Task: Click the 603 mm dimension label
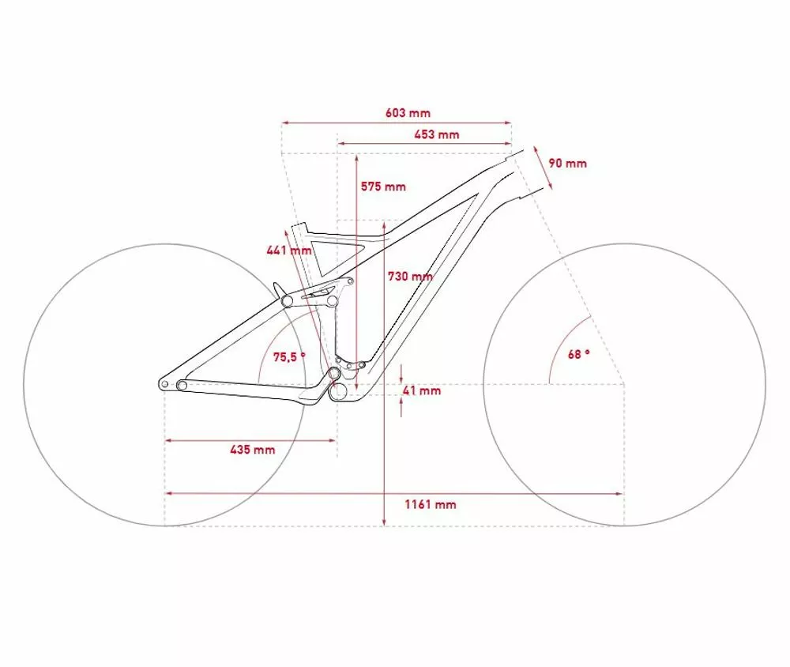(x=408, y=113)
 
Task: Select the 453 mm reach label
(x=437, y=134)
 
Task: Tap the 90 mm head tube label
(x=567, y=164)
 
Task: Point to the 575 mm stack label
(x=383, y=187)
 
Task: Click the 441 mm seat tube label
(x=288, y=250)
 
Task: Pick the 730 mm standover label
(x=410, y=277)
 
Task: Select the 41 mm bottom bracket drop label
(x=422, y=390)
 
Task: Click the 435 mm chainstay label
(x=253, y=449)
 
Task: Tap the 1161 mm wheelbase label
(x=431, y=504)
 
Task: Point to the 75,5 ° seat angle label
(x=289, y=357)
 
